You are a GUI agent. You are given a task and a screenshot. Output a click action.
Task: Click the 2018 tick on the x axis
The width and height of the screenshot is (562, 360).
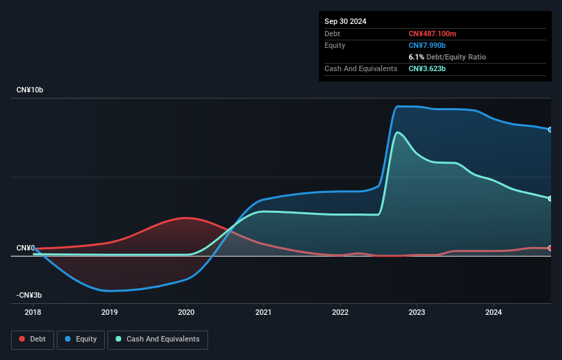33,313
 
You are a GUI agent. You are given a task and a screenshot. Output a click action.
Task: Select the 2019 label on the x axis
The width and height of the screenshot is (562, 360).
110,313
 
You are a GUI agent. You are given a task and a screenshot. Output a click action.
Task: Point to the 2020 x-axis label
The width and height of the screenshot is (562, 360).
186,313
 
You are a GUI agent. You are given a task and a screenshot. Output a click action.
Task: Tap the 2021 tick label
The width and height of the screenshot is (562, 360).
263,313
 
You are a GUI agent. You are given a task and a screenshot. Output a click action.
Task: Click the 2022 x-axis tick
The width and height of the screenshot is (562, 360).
340,313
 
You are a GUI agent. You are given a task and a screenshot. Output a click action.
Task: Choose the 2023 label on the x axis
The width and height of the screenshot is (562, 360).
417,313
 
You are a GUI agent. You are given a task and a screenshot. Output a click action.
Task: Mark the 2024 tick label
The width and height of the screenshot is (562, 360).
494,313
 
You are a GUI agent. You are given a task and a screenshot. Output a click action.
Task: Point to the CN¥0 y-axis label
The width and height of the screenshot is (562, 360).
26,248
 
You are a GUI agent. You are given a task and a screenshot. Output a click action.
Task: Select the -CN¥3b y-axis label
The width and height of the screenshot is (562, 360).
30,295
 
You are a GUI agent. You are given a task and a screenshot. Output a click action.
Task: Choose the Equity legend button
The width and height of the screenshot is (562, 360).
81,339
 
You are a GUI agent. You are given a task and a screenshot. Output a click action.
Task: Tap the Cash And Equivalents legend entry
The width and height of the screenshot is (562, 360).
157,339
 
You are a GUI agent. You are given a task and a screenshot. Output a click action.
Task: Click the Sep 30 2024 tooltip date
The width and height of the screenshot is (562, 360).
346,21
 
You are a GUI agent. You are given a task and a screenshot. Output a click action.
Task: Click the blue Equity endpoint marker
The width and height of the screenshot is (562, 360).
550,129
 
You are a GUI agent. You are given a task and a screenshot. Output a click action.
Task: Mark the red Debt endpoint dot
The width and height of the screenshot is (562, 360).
550,248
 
